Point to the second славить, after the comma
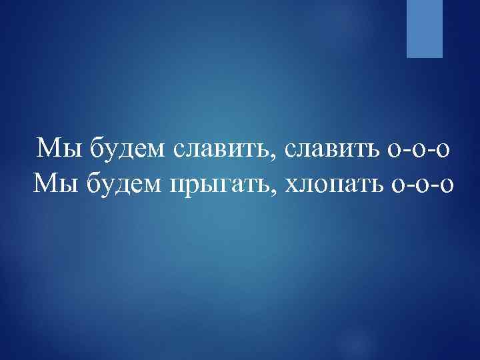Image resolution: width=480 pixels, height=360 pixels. (x=331, y=148)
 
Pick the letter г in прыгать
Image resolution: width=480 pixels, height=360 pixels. (x=227, y=183)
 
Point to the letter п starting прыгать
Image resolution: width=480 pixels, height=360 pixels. (x=180, y=183)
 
